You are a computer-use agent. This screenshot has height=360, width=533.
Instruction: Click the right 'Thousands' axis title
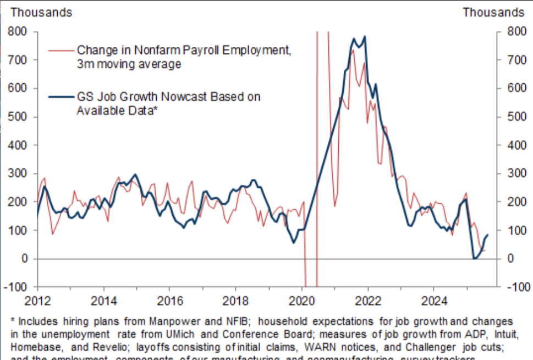[493, 12]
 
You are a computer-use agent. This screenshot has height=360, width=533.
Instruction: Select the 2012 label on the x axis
[38, 301]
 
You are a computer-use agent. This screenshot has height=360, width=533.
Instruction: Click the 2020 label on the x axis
[301, 301]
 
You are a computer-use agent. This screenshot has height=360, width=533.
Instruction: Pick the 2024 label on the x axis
[433, 301]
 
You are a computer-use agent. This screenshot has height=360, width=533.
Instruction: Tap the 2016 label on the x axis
[169, 301]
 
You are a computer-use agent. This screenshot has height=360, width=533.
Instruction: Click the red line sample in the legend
[60, 51]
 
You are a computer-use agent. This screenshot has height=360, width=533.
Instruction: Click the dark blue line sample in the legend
[60, 97]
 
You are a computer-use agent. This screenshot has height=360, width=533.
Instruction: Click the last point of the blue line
[487, 235]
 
